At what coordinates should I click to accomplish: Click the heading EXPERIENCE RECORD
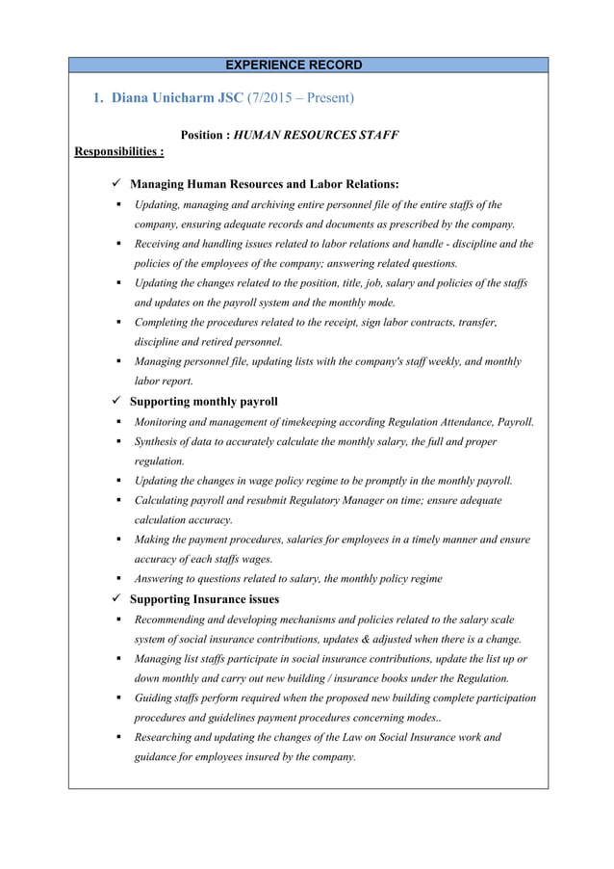[x=293, y=66]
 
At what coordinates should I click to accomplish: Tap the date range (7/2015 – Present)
[x=299, y=98]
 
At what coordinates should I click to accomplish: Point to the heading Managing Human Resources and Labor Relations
[x=264, y=184]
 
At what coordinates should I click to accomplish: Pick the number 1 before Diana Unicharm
[x=96, y=98]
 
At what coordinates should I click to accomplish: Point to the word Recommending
[x=176, y=619]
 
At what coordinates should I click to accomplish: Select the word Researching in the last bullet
[x=168, y=738]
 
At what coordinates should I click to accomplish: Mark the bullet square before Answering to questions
[x=115, y=579]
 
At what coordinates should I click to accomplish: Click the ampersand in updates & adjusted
[x=370, y=639]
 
